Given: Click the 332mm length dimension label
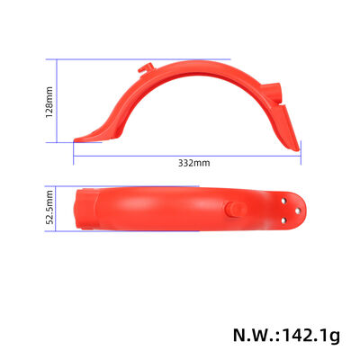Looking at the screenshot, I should (193, 163).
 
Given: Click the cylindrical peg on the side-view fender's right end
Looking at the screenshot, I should (275, 94).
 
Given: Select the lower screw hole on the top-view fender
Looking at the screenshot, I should (284, 217).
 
